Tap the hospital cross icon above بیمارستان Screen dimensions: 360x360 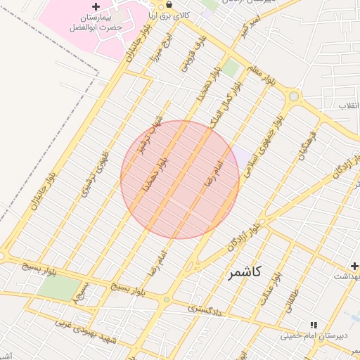[96, 6]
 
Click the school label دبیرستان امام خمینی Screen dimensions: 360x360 [310, 335]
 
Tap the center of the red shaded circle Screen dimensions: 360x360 [180, 179]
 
